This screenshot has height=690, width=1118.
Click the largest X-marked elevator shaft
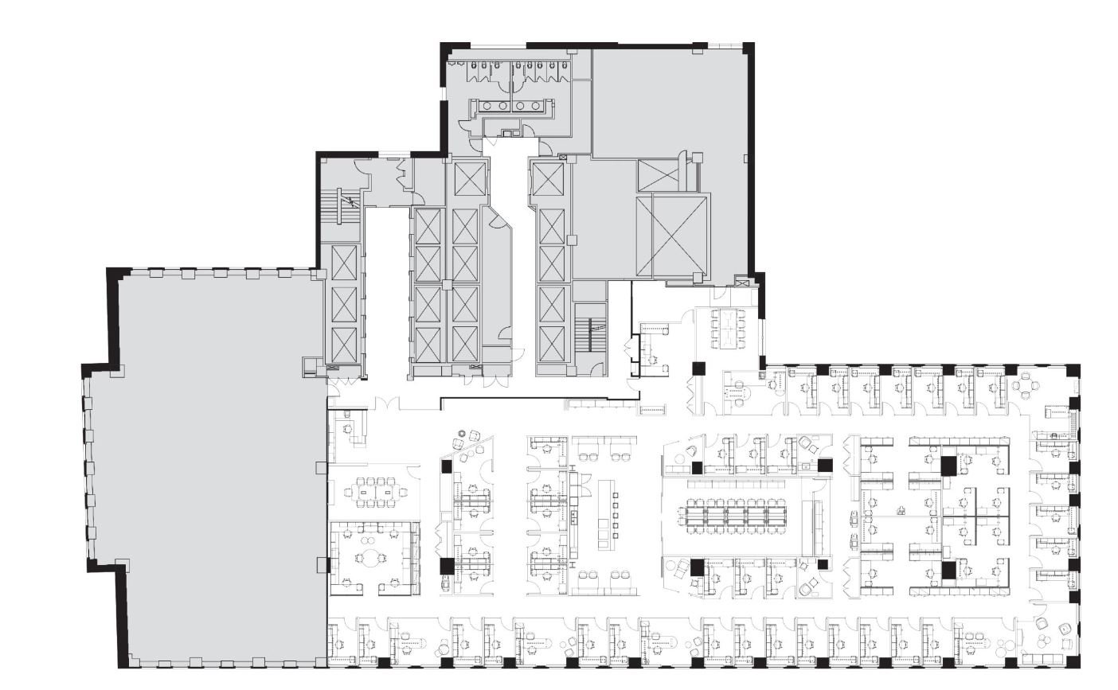[679, 236]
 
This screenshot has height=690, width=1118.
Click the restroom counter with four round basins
[510, 105]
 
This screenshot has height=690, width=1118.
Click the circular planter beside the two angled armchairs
[460, 434]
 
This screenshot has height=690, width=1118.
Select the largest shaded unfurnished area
[215, 470]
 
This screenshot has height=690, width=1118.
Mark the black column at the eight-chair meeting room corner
[698, 368]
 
